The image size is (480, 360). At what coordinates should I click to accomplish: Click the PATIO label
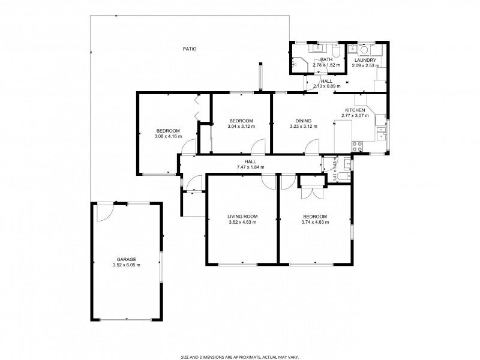(x=190, y=49)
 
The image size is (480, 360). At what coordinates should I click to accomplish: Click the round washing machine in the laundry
(x=364, y=50)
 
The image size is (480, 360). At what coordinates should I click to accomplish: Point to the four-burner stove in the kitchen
(x=357, y=146)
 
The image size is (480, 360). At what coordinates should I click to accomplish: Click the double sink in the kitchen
(x=381, y=133)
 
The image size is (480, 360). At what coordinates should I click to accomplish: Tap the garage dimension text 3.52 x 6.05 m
(x=127, y=265)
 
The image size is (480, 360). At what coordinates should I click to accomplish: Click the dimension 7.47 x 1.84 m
(x=250, y=167)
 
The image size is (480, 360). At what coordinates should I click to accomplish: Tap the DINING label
(x=304, y=121)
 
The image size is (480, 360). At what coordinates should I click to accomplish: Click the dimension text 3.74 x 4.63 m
(x=316, y=222)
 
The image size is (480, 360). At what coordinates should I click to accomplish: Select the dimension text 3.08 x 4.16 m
(x=169, y=136)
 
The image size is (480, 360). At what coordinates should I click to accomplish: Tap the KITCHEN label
(x=355, y=110)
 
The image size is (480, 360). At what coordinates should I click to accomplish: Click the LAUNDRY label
(x=365, y=61)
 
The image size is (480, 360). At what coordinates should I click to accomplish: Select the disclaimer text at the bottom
(x=240, y=357)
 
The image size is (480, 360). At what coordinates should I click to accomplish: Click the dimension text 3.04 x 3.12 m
(x=242, y=127)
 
